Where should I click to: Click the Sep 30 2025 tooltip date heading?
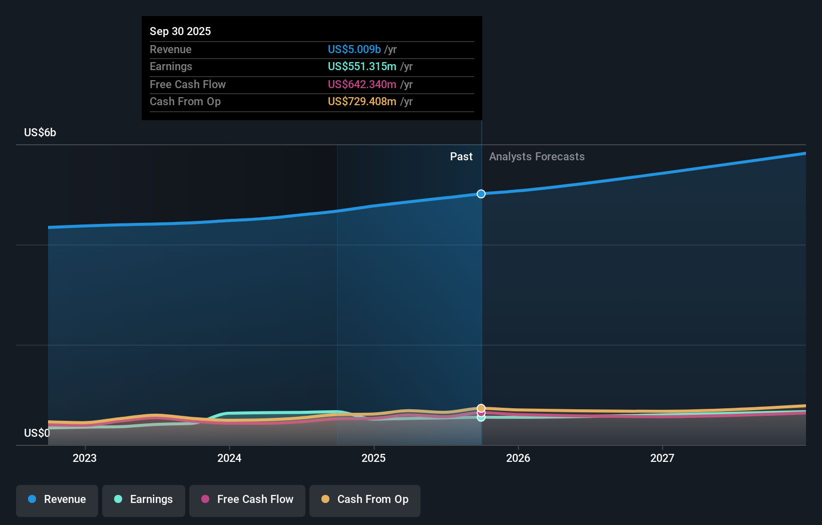click(180, 31)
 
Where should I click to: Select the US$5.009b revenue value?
click(354, 49)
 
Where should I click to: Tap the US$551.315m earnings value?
click(361, 66)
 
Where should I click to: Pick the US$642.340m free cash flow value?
click(361, 84)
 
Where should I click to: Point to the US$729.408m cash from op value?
click(361, 101)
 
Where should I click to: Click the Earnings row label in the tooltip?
click(171, 66)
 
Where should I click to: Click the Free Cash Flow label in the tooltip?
click(187, 84)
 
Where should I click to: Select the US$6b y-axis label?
click(40, 132)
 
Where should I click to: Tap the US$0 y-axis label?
click(37, 433)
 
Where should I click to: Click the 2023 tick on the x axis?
click(85, 458)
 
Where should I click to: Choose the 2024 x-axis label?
click(229, 458)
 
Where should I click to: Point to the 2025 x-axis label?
click(373, 458)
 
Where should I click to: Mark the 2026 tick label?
click(518, 458)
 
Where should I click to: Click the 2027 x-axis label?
click(662, 458)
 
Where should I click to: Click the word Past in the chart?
click(461, 156)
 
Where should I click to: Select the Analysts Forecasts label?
click(537, 156)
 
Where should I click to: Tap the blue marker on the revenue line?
click(481, 194)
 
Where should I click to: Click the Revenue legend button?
click(57, 500)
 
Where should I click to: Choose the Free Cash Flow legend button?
click(247, 500)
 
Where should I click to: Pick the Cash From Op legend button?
click(365, 500)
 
